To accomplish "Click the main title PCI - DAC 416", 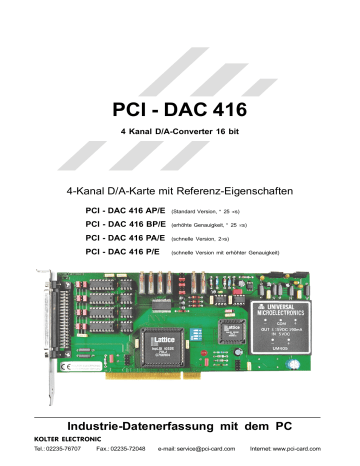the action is click(x=180, y=108).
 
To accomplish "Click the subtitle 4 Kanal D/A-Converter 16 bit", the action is click(x=180, y=132).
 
